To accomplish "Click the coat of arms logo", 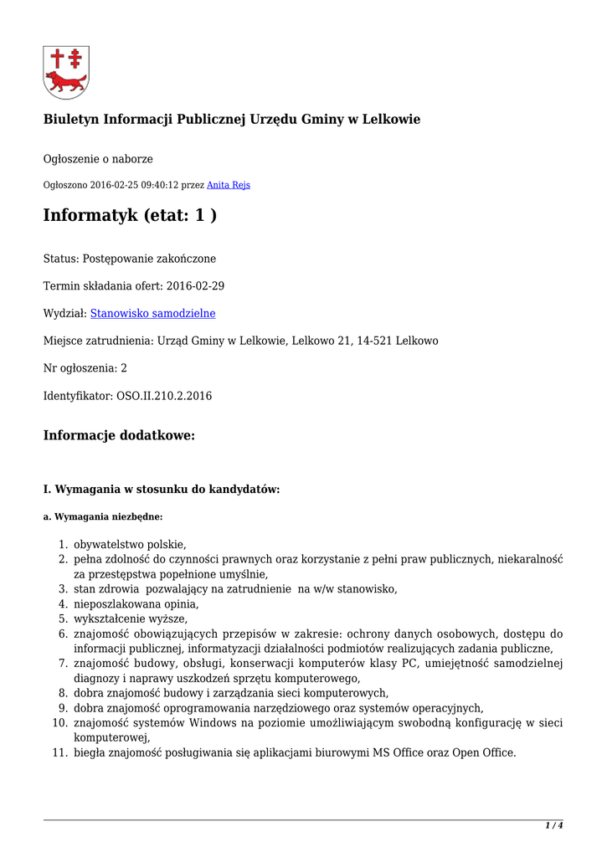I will coord(66,72).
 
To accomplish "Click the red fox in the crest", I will coord(66,82).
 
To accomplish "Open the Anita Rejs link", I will coord(229,185).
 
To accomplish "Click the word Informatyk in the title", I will coord(90,216).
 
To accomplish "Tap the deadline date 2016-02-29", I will coord(195,286).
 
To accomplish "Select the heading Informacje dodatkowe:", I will coord(119,436).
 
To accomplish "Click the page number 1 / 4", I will coord(553,825).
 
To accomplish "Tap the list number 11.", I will coord(59,752).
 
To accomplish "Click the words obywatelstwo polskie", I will coord(129,544).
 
